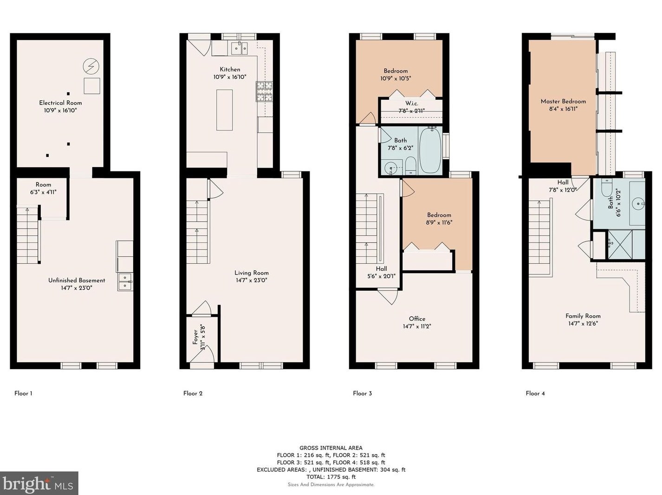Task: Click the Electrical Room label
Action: pyautogui.click(x=60, y=103)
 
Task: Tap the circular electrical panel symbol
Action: pyautogui.click(x=91, y=66)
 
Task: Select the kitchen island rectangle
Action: pyautogui.click(x=224, y=110)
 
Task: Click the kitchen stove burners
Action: pyautogui.click(x=264, y=91)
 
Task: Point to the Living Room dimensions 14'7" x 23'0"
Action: pyautogui.click(x=252, y=280)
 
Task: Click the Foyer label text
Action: pyautogui.click(x=195, y=337)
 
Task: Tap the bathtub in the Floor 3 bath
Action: pyautogui.click(x=430, y=150)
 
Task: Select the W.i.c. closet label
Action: pyautogui.click(x=411, y=103)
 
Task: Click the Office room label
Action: pyautogui.click(x=417, y=319)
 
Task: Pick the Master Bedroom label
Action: pyautogui.click(x=563, y=101)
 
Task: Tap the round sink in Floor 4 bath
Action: pyautogui.click(x=638, y=203)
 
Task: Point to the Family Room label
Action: pyautogui.click(x=583, y=316)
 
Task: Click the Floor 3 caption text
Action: pyautogui.click(x=362, y=393)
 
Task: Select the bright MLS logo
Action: pyautogui.click(x=39, y=483)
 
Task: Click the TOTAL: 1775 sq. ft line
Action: pyautogui.click(x=331, y=476)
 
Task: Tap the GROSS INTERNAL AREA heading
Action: pyautogui.click(x=331, y=448)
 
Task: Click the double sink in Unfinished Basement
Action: pyautogui.click(x=125, y=281)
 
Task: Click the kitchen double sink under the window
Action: pyautogui.click(x=240, y=48)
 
